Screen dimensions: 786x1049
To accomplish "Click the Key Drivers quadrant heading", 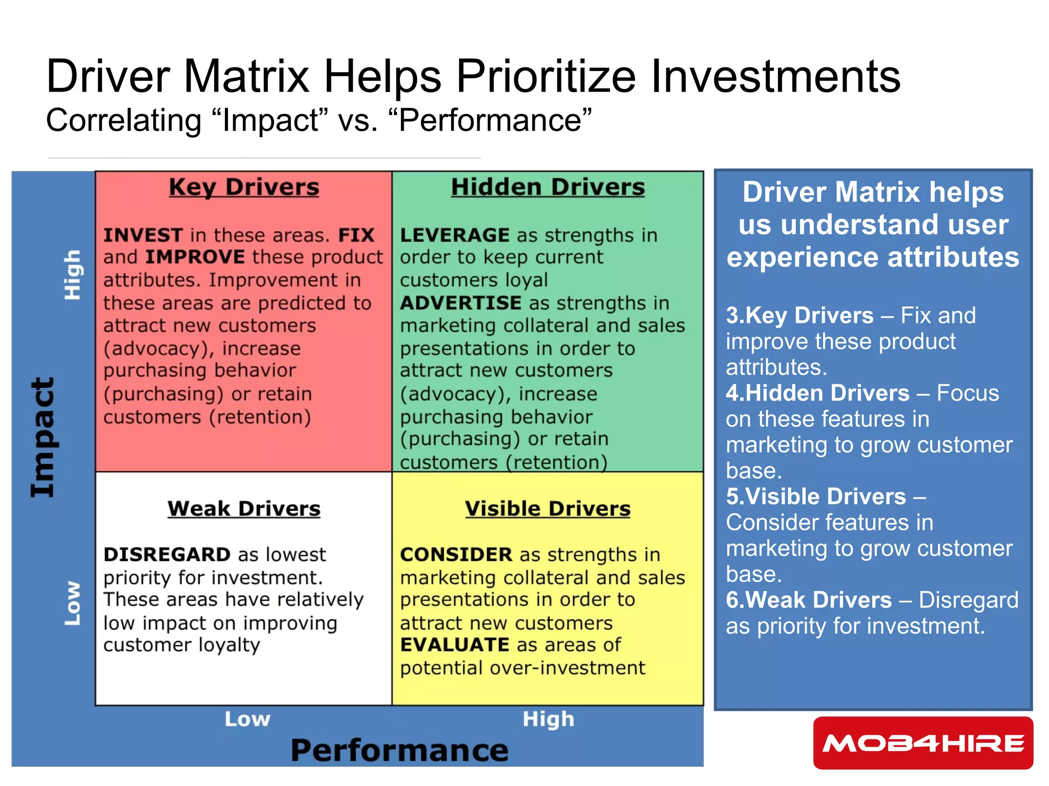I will pyautogui.click(x=244, y=187).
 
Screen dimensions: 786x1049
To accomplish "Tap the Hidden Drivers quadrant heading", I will pyautogui.click(x=548, y=187).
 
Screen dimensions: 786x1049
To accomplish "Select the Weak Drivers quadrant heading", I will pyautogui.click(x=244, y=509).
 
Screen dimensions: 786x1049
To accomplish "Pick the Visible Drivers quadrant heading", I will pyautogui.click(x=548, y=509).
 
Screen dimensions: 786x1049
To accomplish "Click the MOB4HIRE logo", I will pyautogui.click(x=923, y=743).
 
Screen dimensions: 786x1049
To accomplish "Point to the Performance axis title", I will pyautogui.click(x=400, y=750).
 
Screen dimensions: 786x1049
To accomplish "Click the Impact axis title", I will pyautogui.click(x=43, y=438).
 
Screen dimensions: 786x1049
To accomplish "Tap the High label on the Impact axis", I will pyautogui.click(x=72, y=275).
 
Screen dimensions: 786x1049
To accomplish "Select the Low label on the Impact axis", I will pyautogui.click(x=72, y=603).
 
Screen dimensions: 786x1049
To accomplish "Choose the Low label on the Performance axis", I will pyautogui.click(x=247, y=719).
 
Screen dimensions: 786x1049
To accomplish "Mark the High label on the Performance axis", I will pyautogui.click(x=548, y=719).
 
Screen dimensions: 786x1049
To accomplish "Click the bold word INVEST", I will pyautogui.click(x=143, y=235).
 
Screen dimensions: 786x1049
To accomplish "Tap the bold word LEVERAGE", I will pyautogui.click(x=454, y=235).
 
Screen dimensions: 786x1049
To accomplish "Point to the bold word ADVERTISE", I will pyautogui.click(x=460, y=303).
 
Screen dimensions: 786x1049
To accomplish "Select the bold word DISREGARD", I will pyautogui.click(x=167, y=555).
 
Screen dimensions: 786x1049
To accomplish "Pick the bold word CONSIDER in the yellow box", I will pyautogui.click(x=456, y=555).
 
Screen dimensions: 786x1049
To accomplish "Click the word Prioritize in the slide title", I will pyautogui.click(x=546, y=77).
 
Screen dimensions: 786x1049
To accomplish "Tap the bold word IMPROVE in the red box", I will pyautogui.click(x=195, y=257).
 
